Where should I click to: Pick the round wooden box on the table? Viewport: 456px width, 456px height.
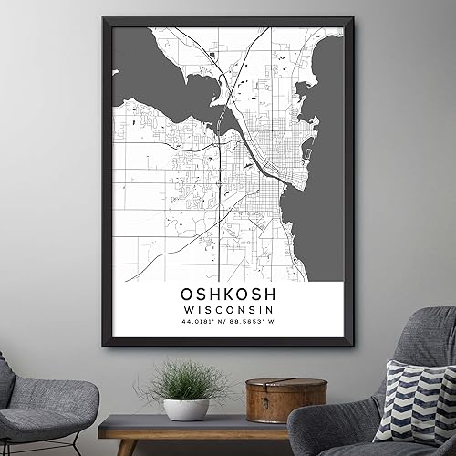click(285, 401)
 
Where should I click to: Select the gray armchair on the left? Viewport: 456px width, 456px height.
click(46, 401)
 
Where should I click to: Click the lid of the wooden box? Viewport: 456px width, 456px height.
click(285, 385)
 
